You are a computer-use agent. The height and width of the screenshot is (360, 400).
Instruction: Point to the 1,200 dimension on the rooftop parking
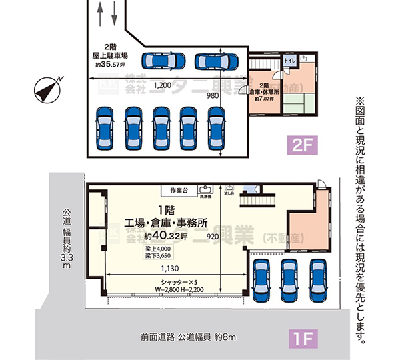tap(163, 86)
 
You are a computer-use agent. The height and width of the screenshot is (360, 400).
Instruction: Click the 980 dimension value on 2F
tap(213, 95)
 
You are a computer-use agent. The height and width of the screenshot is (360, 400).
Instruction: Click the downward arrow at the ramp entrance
tap(115, 11)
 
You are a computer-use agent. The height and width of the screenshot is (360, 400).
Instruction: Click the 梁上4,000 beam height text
tap(158, 248)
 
